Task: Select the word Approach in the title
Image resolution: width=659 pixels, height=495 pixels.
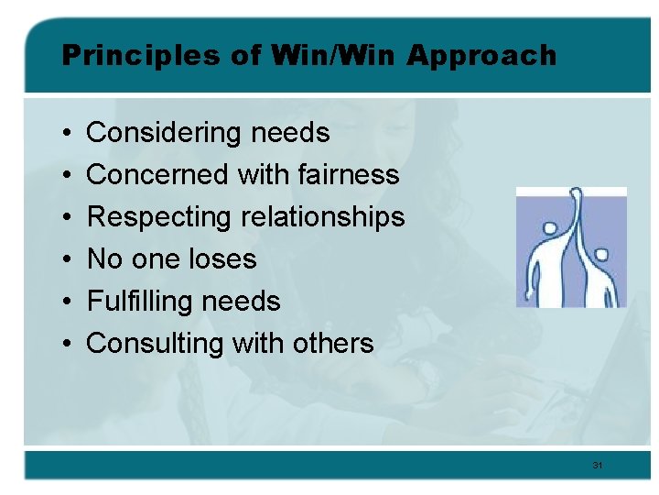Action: point(481,56)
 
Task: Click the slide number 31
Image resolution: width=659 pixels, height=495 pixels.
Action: point(597,466)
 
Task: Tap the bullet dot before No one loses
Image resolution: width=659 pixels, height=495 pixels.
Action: point(70,260)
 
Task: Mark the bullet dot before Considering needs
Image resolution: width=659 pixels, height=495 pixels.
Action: point(70,134)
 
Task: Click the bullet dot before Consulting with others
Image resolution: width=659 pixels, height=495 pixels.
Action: point(70,345)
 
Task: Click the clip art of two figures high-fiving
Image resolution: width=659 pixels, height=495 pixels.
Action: point(571,247)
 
